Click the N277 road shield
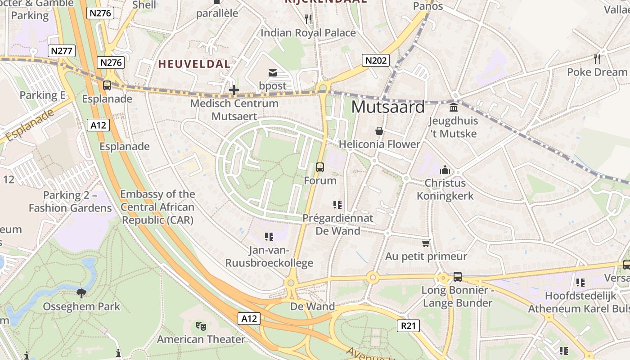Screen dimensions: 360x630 click(62, 50)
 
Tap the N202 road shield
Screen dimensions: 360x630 click(375, 60)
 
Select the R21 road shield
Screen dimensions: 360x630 click(408, 326)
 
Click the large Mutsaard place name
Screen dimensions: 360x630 click(388, 107)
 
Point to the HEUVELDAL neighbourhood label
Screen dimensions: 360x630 click(194, 64)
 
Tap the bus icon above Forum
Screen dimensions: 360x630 click(320, 167)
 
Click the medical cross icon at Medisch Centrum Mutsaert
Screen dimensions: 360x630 click(234, 90)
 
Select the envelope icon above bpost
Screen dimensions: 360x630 click(273, 73)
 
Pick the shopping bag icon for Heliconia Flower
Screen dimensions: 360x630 click(379, 131)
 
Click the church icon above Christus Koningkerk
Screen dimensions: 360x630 click(445, 170)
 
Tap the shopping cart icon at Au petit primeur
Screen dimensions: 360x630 click(426, 243)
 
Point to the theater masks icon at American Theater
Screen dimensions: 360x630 click(201, 326)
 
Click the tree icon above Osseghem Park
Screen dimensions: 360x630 click(81, 293)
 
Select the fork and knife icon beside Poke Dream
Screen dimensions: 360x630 click(597, 58)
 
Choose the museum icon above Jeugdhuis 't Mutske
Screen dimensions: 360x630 click(454, 108)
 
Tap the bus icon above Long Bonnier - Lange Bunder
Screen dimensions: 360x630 click(458, 276)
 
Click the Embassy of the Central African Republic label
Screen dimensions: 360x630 click(157, 207)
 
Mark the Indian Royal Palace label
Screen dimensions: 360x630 click(308, 33)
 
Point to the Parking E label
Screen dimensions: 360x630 click(42, 95)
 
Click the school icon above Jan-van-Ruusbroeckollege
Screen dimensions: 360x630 click(269, 236)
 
